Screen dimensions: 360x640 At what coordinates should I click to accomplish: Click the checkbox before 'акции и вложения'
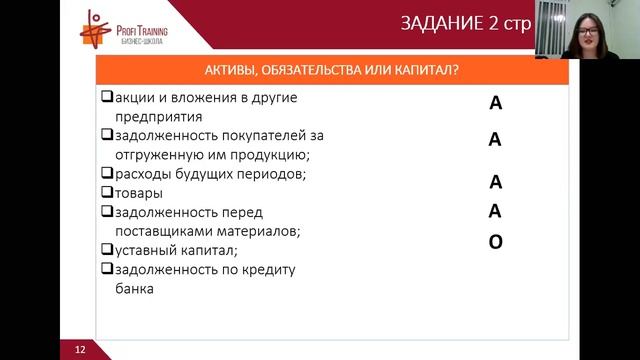108,97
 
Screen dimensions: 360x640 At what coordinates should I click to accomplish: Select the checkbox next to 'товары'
108,192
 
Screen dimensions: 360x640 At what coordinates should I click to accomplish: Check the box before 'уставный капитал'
108,249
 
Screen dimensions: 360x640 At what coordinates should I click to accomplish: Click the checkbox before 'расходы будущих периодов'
108,173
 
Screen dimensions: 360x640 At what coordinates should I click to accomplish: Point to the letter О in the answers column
495,241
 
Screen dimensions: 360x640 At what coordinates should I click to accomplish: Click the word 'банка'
135,288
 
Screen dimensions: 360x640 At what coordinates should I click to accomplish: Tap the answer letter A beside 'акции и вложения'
495,103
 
